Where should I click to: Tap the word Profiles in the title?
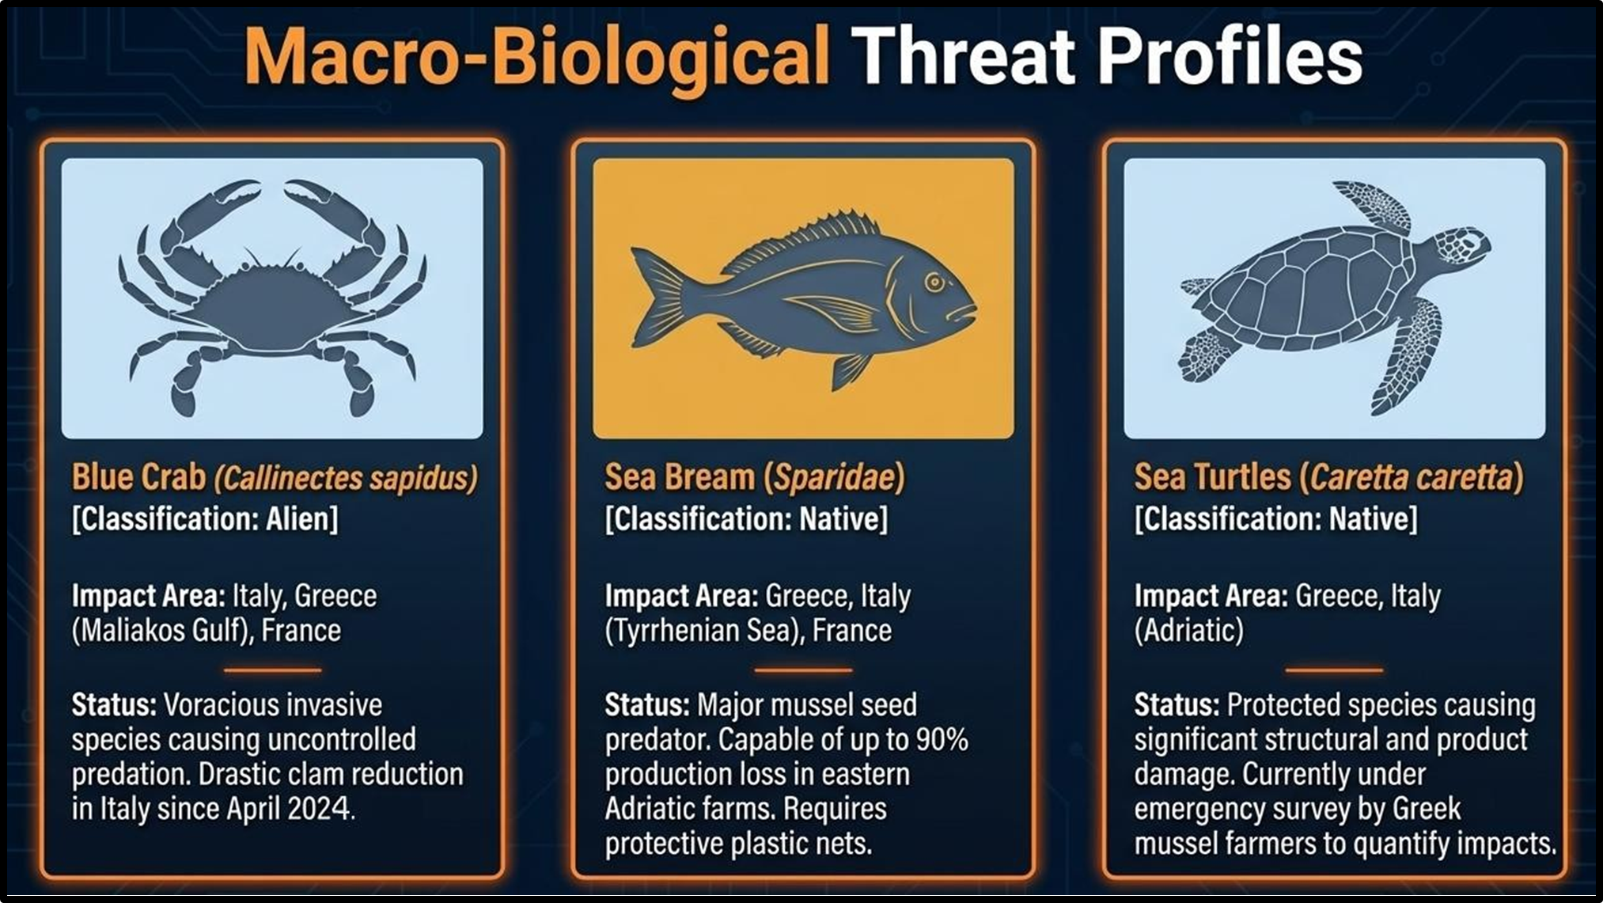point(1230,55)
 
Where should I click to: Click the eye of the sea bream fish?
point(935,282)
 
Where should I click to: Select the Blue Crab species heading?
point(275,477)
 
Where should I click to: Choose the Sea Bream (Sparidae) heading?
point(754,477)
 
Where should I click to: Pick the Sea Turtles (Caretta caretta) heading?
point(1328,477)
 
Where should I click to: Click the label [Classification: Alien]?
point(205,519)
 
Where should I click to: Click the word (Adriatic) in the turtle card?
point(1188,631)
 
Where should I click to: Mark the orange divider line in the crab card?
point(272,670)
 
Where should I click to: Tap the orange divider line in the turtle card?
point(1334,670)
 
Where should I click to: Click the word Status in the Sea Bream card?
point(646,704)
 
